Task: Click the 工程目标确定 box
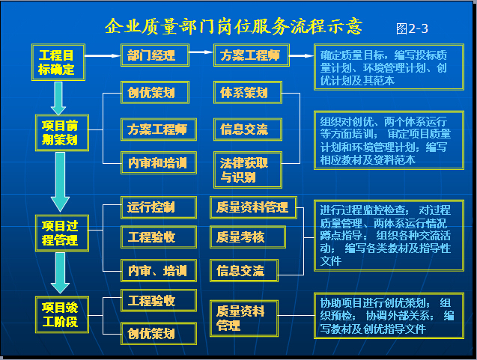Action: (x=58, y=62)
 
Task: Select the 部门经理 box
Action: (x=155, y=55)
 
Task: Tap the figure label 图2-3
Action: (x=412, y=29)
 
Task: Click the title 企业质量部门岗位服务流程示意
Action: (x=234, y=26)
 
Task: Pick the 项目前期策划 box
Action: (x=62, y=133)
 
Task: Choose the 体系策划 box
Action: (x=248, y=93)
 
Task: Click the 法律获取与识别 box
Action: (x=248, y=170)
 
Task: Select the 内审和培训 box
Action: (x=159, y=162)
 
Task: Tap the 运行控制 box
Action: (x=159, y=207)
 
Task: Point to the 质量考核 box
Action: (x=248, y=237)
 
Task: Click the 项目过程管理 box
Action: (x=62, y=234)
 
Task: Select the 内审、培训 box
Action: (x=159, y=270)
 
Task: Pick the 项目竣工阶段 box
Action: (x=62, y=314)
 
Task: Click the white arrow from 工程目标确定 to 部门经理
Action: (x=103, y=55)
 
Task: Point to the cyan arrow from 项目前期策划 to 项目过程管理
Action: (x=60, y=182)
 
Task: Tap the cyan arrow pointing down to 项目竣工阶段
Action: (x=60, y=272)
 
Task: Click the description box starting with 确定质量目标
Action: (x=389, y=67)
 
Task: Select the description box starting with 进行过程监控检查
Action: (x=389, y=235)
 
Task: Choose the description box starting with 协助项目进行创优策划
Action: (x=389, y=316)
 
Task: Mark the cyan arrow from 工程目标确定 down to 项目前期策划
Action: (x=58, y=98)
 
